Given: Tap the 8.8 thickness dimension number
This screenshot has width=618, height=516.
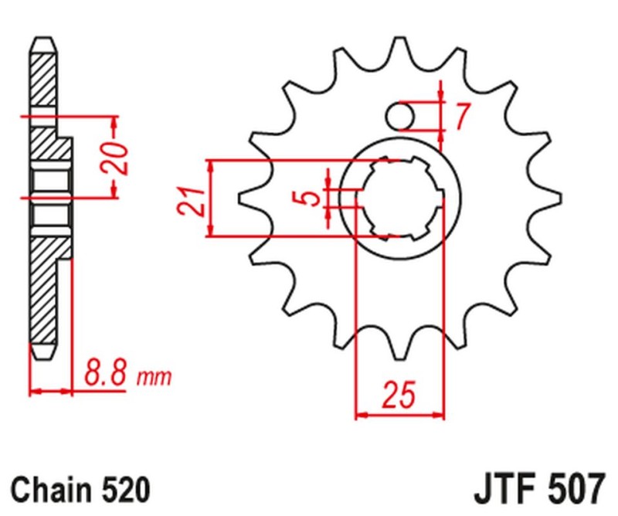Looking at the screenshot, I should tap(104, 376).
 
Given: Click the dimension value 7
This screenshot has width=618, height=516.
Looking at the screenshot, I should tap(461, 116).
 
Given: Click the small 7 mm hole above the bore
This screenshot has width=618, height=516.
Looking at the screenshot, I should tap(400, 116).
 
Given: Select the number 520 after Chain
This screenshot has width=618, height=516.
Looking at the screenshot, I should tap(124, 490).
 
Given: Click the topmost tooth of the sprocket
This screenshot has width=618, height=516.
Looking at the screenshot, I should tap(400, 46).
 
